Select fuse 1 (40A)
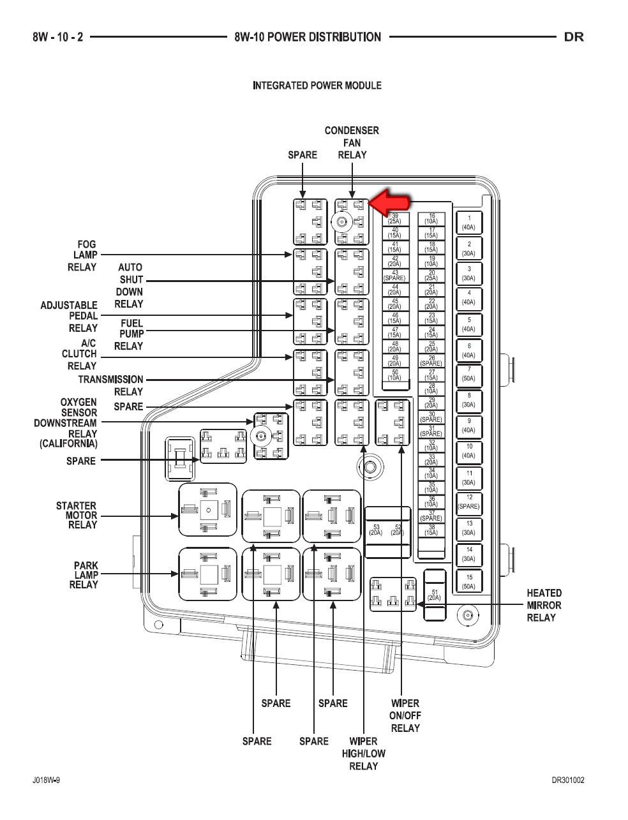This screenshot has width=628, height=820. click(469, 223)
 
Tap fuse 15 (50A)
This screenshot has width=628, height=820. click(469, 581)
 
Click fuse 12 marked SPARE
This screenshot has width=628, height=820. click(469, 502)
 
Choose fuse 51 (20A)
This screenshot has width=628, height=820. click(434, 595)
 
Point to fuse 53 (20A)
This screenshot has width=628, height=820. click(375, 529)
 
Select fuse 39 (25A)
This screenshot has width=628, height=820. click(395, 218)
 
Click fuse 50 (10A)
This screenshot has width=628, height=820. click(395, 375)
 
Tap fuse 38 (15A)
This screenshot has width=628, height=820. click(431, 529)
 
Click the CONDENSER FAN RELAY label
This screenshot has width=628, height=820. click(352, 143)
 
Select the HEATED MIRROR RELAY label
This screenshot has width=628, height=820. click(544, 605)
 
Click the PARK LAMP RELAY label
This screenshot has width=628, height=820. click(84, 575)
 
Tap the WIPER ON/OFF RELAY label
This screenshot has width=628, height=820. click(405, 715)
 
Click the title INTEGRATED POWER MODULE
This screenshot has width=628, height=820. click(317, 86)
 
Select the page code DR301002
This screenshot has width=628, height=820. click(567, 780)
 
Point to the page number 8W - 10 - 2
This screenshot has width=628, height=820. click(58, 37)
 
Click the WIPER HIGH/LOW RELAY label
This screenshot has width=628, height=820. click(367, 754)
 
